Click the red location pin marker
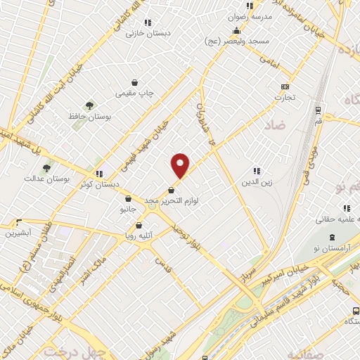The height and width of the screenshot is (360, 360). point(181,165)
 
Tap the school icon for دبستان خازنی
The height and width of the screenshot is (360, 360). point(147,22)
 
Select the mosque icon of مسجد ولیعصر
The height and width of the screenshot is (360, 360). point(237,30)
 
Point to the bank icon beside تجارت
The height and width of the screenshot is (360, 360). point(285,86)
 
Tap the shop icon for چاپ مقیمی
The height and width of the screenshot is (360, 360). point(134,82)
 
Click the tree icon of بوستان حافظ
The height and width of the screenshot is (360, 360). point(89,105)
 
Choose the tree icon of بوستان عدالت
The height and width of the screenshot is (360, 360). point(46,168)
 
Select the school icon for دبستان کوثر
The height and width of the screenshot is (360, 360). point(99,174)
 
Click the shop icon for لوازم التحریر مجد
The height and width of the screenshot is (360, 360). point(172,191)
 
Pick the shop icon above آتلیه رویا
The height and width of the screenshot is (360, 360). point(138,226)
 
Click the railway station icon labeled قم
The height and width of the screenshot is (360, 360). point(319,110)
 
